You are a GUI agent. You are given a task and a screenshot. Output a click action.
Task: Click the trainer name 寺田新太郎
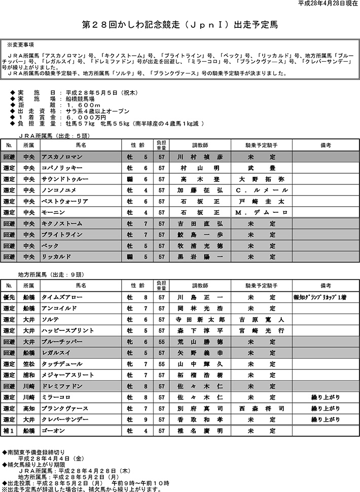[x=200, y=320]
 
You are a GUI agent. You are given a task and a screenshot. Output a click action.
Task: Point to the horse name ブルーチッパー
[x=62, y=342]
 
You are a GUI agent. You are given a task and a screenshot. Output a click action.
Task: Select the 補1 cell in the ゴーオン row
[x=9, y=431]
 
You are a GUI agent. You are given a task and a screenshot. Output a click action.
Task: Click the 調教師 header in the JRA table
[x=200, y=145]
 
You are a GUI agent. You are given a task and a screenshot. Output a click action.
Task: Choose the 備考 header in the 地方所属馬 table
[x=326, y=286]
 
